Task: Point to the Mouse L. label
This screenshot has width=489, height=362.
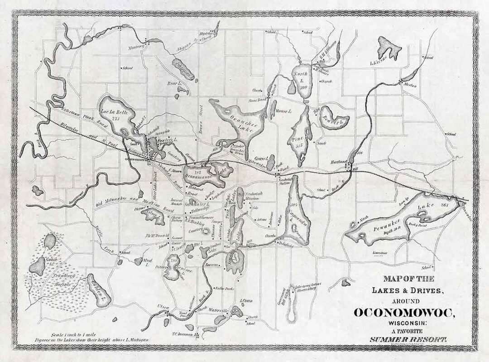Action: click(283, 111)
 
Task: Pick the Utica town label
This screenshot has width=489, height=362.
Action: click(163, 308)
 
